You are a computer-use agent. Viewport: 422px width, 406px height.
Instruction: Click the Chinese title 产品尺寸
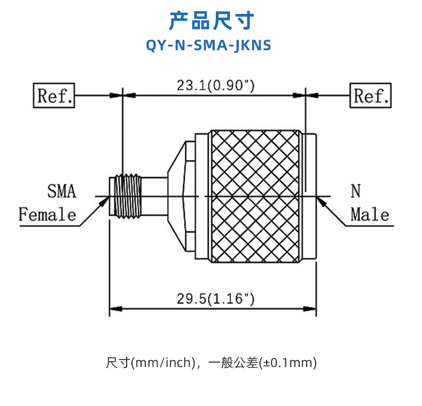(211, 21)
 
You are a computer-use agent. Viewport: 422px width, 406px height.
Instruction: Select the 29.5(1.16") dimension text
(215, 299)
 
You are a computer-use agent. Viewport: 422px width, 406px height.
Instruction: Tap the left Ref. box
(54, 96)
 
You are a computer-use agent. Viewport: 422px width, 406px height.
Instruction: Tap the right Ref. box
(371, 96)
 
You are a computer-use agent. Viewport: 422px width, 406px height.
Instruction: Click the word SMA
(61, 191)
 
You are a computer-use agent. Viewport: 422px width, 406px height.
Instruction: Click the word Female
(48, 215)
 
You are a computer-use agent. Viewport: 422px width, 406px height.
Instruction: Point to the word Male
(370, 215)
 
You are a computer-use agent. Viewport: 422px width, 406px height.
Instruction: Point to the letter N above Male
(356, 191)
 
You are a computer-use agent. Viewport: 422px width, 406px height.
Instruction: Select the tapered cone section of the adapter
(176, 196)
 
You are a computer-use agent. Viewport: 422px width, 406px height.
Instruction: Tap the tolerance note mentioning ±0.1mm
(212, 363)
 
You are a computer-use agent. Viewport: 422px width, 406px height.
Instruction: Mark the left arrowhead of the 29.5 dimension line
(114, 309)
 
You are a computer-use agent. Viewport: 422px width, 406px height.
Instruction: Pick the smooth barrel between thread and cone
(155, 196)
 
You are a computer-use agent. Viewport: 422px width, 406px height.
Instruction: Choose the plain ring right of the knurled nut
(309, 196)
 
